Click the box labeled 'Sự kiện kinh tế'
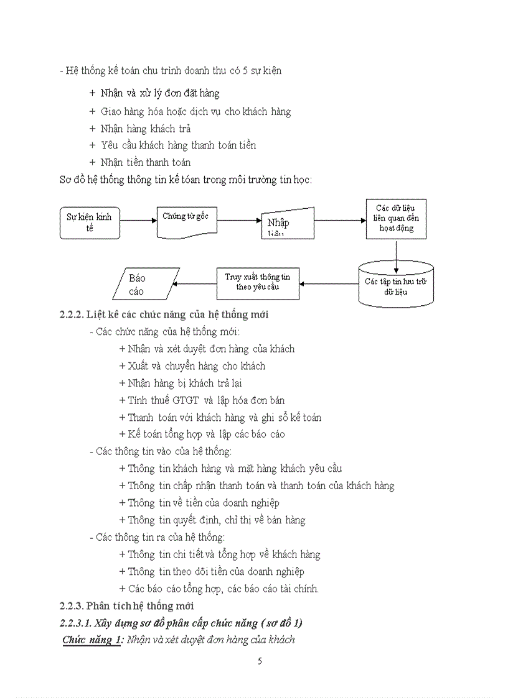pyautogui.click(x=90, y=222)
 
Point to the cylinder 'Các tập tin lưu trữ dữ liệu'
pyautogui.click(x=396, y=285)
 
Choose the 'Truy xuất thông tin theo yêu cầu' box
pyautogui.click(x=257, y=283)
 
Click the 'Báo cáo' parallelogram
pyautogui.click(x=146, y=284)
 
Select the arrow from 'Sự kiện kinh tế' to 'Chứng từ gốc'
pyautogui.click(x=138, y=221)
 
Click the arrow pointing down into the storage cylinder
pyautogui.click(x=396, y=251)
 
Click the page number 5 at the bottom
pyautogui.click(x=260, y=661)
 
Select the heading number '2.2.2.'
pyautogui.click(x=71, y=315)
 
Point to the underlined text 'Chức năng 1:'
pyautogui.click(x=92, y=640)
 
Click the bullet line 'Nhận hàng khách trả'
pyautogui.click(x=145, y=129)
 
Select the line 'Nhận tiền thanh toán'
pyautogui.click(x=145, y=162)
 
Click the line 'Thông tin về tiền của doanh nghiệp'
pyautogui.click(x=203, y=503)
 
